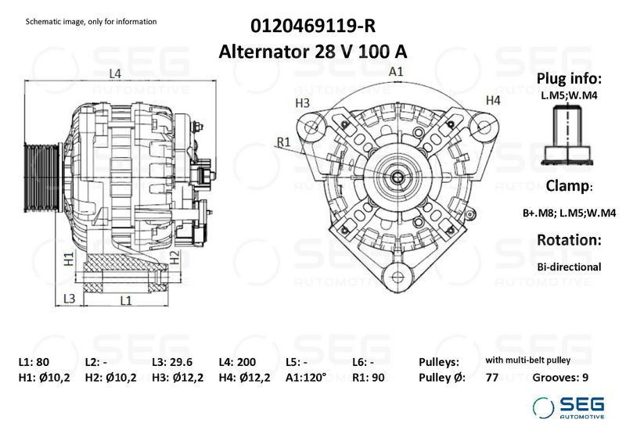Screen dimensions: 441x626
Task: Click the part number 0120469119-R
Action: pyautogui.click(x=313, y=26)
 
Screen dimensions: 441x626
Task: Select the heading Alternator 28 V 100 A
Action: pyautogui.click(x=313, y=52)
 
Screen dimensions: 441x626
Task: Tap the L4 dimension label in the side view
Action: pyautogui.click(x=115, y=73)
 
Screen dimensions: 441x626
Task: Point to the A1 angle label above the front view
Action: pyautogui.click(x=396, y=71)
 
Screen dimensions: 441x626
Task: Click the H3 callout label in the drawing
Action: pyautogui.click(x=303, y=103)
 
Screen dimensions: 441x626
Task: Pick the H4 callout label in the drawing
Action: pyautogui.click(x=492, y=100)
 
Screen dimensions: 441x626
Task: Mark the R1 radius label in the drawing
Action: pyautogui.click(x=283, y=141)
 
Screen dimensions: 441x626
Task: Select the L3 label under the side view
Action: pyautogui.click(x=68, y=299)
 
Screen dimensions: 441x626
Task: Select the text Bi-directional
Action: pyautogui.click(x=569, y=267)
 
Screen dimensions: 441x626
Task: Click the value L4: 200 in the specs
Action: pyautogui.click(x=234, y=362)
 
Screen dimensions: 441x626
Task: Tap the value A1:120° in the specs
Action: pyautogui.click(x=304, y=377)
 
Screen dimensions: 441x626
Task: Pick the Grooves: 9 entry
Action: pyautogui.click(x=560, y=377)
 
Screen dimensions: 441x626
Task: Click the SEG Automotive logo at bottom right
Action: pyautogui.click(x=568, y=407)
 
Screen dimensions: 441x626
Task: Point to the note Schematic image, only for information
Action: pyautogui.click(x=92, y=21)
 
